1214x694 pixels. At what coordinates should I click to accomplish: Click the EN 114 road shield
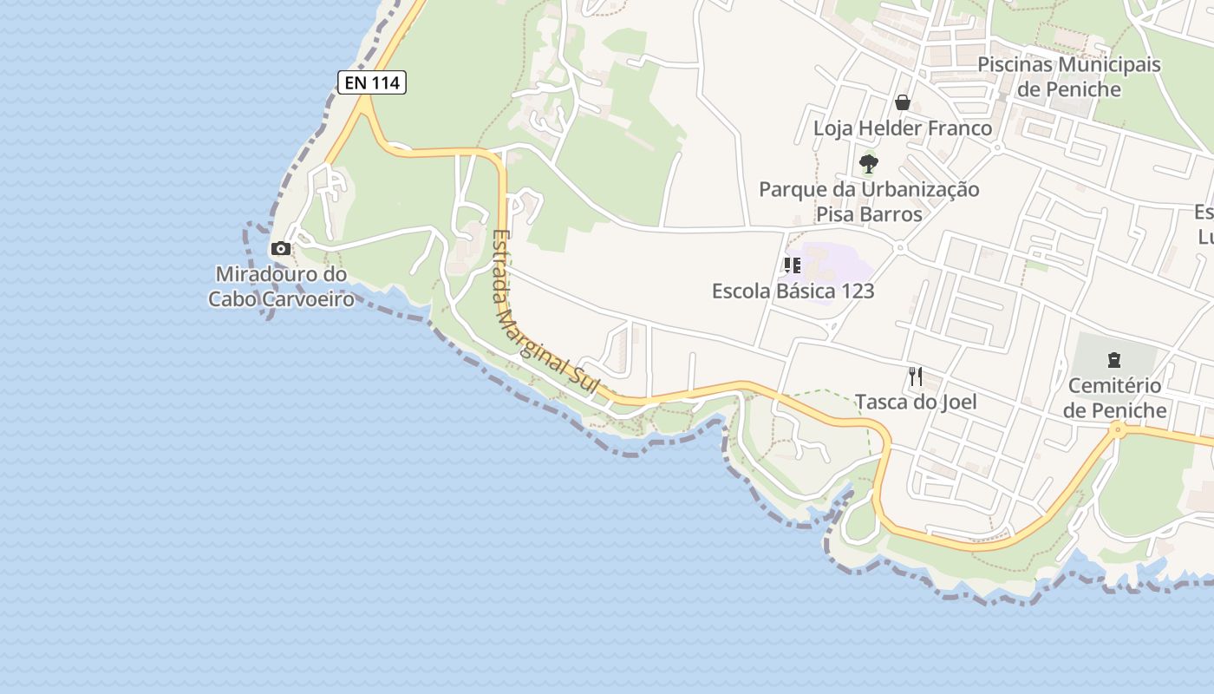click(371, 82)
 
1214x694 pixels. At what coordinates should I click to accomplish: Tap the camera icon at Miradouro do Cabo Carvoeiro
click(280, 249)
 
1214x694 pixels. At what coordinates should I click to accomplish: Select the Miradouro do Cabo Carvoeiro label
click(281, 287)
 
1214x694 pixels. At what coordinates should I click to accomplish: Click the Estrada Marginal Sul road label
click(545, 313)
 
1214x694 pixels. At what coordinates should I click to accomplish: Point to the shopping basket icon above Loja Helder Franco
click(903, 102)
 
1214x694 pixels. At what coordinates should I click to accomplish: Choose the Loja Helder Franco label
click(902, 128)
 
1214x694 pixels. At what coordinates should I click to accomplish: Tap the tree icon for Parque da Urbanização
click(868, 163)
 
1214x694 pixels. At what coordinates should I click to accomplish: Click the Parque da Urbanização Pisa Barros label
click(869, 201)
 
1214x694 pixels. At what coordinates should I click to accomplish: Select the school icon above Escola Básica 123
click(792, 265)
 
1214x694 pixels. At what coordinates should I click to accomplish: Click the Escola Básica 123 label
click(793, 291)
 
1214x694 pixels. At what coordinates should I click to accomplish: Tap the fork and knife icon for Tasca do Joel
click(916, 376)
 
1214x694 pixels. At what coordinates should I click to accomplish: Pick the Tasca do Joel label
click(916, 402)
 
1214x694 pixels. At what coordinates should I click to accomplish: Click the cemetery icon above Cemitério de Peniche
click(1114, 359)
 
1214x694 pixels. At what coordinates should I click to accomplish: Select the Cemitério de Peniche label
click(1114, 397)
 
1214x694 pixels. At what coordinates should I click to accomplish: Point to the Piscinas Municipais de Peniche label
click(1068, 76)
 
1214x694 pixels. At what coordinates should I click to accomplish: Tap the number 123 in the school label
click(855, 291)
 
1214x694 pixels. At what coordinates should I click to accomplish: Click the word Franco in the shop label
click(958, 128)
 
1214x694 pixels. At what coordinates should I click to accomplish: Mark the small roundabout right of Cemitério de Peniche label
click(1118, 429)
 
